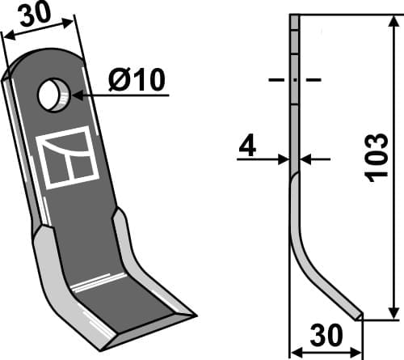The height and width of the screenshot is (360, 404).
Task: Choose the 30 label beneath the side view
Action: coord(326,336)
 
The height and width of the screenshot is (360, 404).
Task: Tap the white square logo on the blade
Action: coord(67,158)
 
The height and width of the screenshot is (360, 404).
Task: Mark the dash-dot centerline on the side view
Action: coord(294,80)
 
